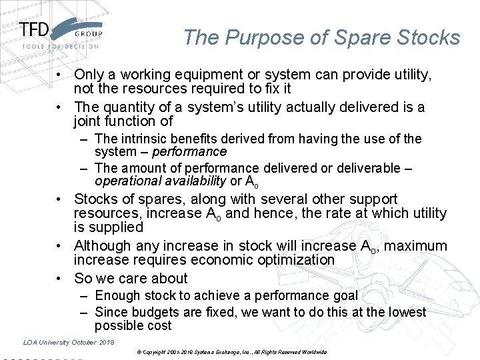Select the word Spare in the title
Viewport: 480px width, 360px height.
(x=359, y=37)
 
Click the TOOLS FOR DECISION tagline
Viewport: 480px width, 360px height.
(x=60, y=47)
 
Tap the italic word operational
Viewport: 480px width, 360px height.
(x=127, y=181)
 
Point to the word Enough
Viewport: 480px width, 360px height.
(x=117, y=295)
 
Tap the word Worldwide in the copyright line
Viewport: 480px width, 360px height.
(x=315, y=351)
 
